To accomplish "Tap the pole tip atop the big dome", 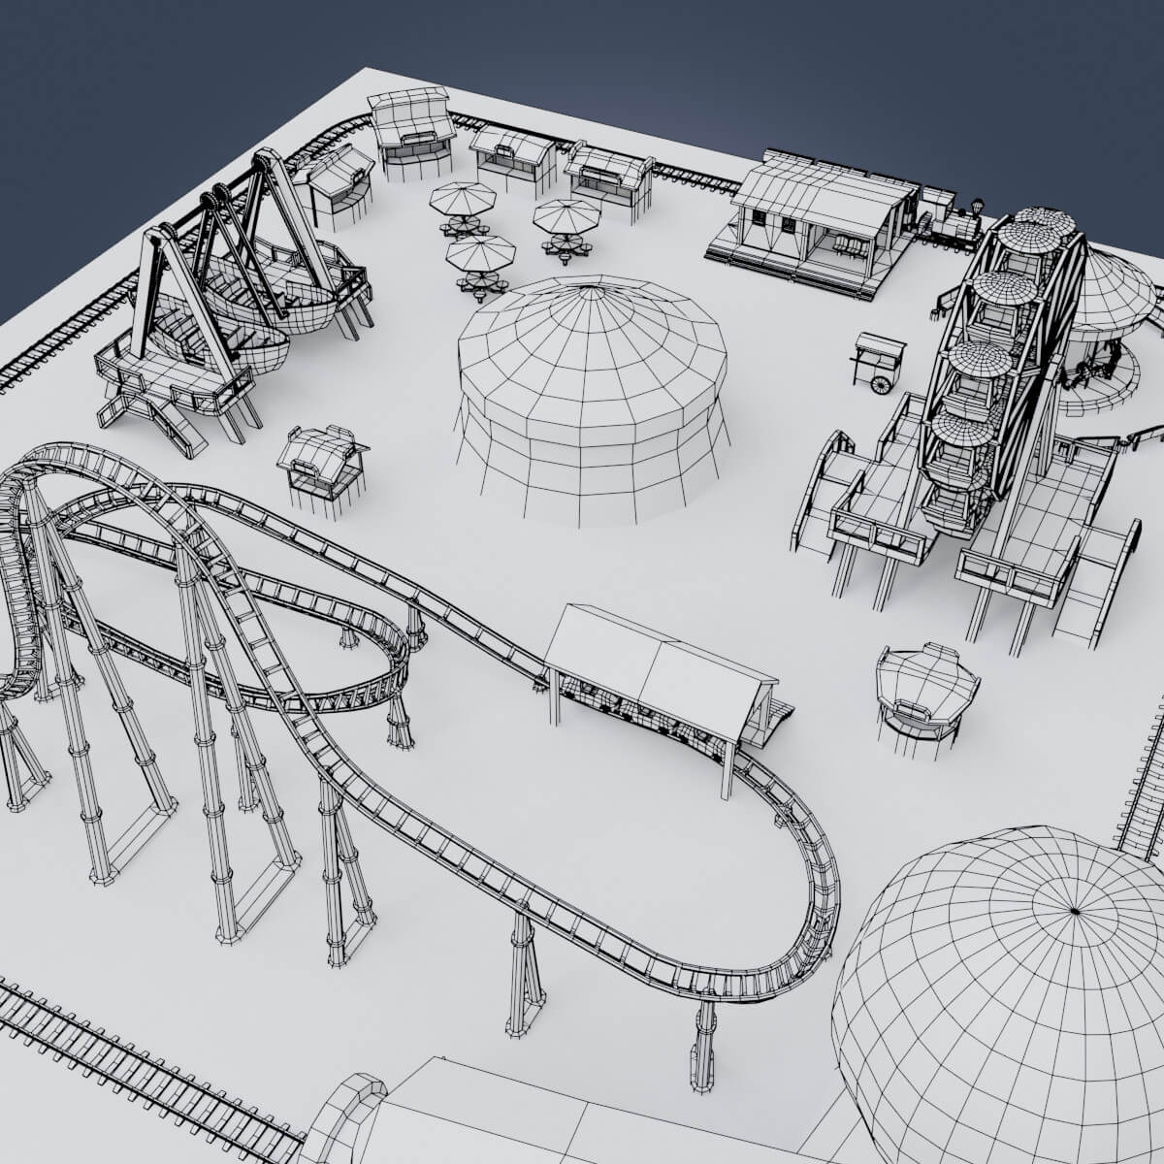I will [1074, 911].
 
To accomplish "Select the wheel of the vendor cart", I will [881, 385].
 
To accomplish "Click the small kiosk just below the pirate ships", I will [321, 460].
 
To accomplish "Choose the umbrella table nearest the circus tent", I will [479, 256].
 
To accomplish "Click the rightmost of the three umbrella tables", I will [566, 217].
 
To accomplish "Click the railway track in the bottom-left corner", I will [116, 1067].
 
